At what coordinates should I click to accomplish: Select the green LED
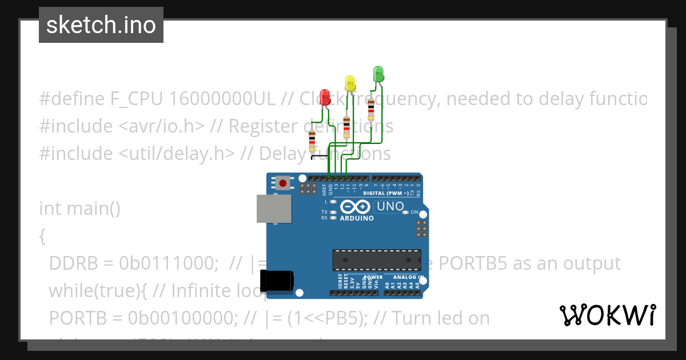pyautogui.click(x=378, y=73)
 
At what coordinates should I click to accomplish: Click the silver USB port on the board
pyautogui.click(x=273, y=208)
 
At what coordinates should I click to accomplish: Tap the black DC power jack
pyautogui.click(x=277, y=281)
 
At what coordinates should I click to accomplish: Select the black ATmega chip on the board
pyautogui.click(x=377, y=259)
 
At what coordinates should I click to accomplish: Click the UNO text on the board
pyautogui.click(x=390, y=206)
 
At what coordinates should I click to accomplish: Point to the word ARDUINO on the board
pyautogui.click(x=357, y=218)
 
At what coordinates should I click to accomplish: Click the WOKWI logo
pyautogui.click(x=607, y=315)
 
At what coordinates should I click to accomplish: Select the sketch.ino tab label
pyautogui.click(x=101, y=25)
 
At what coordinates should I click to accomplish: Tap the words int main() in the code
pyautogui.click(x=79, y=208)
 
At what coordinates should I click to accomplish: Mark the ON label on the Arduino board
pyautogui.click(x=414, y=212)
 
